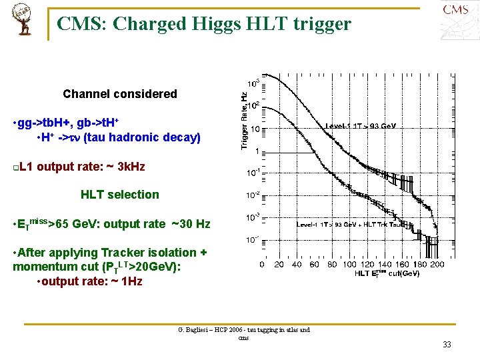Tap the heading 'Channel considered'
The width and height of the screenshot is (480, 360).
point(120,94)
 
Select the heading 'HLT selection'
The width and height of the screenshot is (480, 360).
point(120,195)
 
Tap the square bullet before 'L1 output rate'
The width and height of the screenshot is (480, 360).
point(16,167)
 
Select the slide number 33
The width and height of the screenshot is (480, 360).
point(446,345)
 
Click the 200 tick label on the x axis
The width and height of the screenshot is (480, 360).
point(437,264)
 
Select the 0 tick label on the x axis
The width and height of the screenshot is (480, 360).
point(261,264)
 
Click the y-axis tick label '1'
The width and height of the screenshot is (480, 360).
point(257,151)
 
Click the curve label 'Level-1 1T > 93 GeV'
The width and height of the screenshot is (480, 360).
point(360,125)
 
